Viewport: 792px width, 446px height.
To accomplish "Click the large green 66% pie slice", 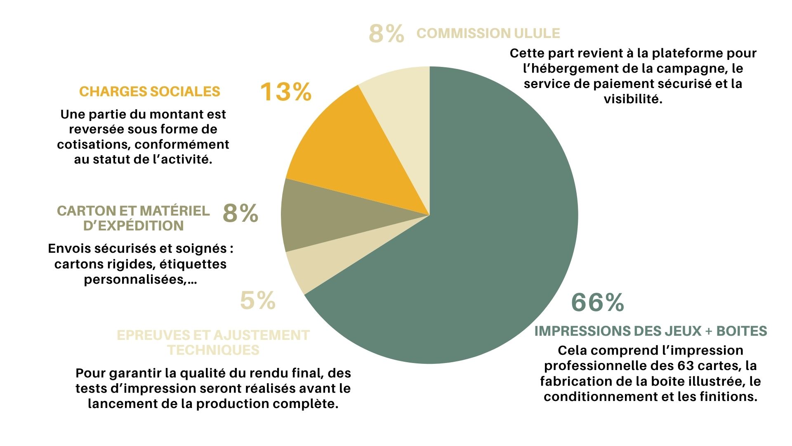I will (487, 248).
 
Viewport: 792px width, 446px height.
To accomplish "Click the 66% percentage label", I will (597, 302).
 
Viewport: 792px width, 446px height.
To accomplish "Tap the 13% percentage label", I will (285, 92).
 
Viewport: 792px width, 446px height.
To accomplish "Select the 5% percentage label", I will (258, 301).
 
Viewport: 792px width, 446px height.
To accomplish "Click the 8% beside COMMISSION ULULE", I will (386, 33).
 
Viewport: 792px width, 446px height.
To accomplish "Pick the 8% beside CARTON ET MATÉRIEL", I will (240, 214).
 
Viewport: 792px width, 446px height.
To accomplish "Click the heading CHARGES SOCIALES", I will (150, 92).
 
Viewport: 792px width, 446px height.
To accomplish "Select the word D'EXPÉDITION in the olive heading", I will (134, 226).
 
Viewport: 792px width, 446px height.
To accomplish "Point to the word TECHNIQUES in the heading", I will (213, 350).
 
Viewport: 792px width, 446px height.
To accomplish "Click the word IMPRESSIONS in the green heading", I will (581, 331).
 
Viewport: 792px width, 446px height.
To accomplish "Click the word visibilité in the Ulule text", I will (633, 99).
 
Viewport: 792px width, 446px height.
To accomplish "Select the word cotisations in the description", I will (94, 145).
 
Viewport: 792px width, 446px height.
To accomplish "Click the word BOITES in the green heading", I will (742, 331).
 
